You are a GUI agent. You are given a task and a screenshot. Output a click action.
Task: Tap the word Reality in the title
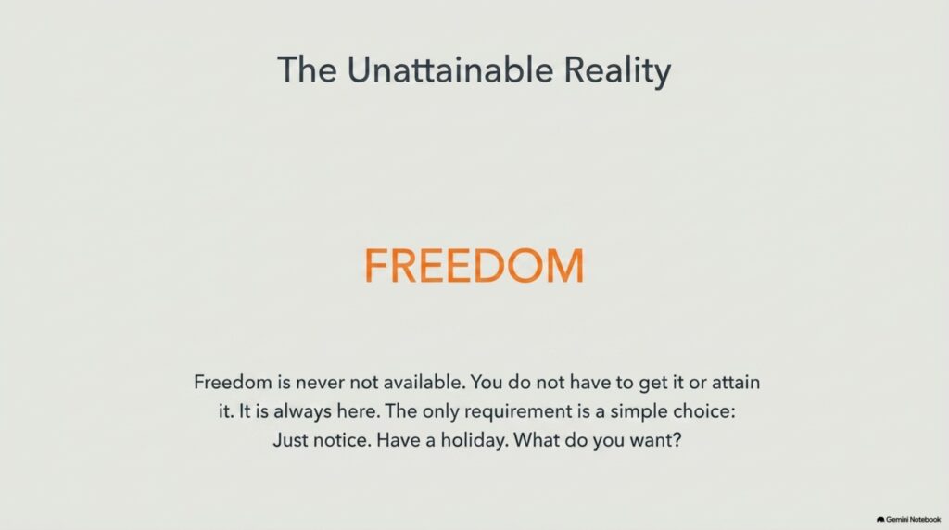[617, 71]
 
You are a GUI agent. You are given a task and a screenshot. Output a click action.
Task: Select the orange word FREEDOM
[474, 266]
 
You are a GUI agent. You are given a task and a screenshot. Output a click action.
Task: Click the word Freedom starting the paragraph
[233, 382]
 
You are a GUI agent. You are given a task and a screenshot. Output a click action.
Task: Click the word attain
[735, 382]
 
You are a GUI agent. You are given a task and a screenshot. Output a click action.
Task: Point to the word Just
[290, 439]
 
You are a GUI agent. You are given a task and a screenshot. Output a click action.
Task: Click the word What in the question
[537, 439]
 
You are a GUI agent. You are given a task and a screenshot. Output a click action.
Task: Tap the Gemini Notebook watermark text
[913, 519]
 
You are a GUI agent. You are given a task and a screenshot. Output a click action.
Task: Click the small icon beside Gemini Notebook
[880, 519]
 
